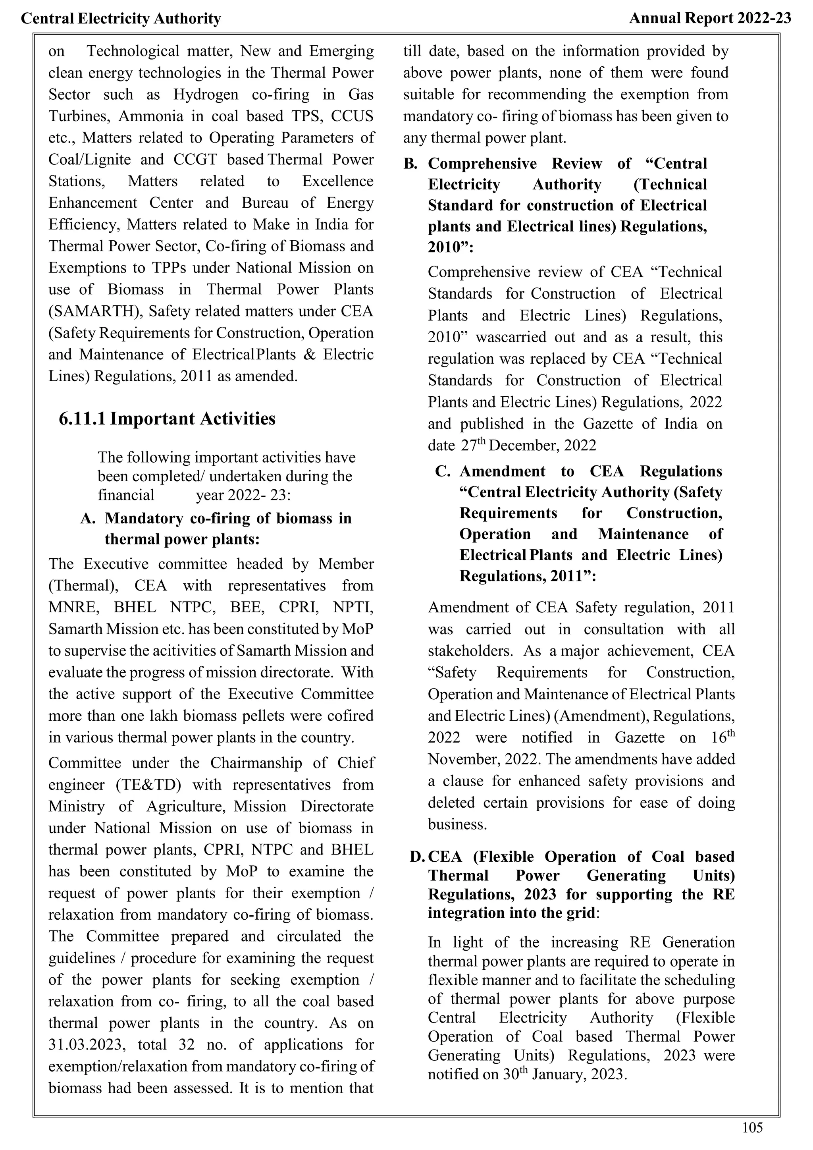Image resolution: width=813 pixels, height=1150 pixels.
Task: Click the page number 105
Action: (x=752, y=1127)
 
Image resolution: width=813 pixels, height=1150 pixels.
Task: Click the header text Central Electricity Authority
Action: (x=121, y=19)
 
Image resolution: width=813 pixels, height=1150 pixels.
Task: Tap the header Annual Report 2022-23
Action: (x=710, y=19)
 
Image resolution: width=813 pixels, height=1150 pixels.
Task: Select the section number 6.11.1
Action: (x=82, y=419)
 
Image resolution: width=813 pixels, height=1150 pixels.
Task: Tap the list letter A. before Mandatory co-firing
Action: (x=88, y=518)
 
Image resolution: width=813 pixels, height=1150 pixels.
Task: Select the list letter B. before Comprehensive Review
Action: (x=410, y=164)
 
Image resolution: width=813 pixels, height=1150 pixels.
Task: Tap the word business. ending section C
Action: (x=457, y=824)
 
